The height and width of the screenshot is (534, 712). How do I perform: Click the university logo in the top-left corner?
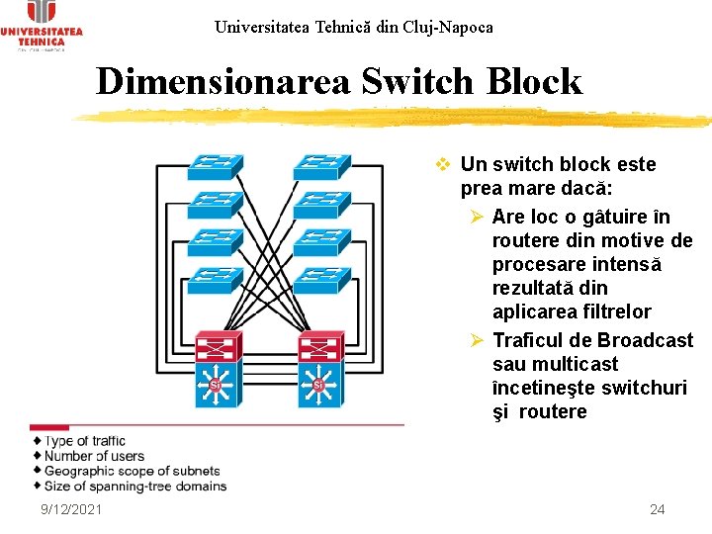[x=42, y=25]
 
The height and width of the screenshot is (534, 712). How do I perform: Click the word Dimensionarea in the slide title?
[x=222, y=81]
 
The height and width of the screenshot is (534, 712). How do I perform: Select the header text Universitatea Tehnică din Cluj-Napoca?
[x=353, y=27]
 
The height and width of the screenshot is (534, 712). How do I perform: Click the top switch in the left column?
[x=215, y=164]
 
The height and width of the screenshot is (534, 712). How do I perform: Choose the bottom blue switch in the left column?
[x=215, y=280]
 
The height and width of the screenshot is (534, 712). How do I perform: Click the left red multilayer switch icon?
[x=215, y=347]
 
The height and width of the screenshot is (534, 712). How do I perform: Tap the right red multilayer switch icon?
[x=318, y=347]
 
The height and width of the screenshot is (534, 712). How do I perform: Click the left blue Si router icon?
[x=215, y=385]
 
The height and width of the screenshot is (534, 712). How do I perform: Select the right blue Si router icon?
[x=318, y=385]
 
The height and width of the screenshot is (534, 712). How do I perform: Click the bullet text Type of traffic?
[x=85, y=441]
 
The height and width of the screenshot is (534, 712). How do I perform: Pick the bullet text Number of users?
[x=94, y=456]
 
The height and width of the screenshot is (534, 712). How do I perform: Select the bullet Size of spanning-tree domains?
[x=135, y=486]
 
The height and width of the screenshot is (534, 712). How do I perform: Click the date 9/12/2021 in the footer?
[x=71, y=509]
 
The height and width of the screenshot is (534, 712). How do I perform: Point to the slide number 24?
[x=657, y=509]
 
